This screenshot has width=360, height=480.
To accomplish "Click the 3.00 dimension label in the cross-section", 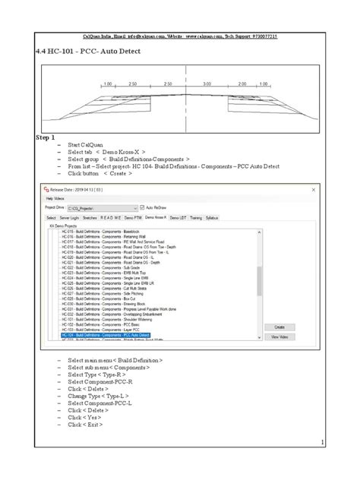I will point(207,84).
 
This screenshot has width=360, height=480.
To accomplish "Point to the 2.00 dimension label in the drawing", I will point(242,84).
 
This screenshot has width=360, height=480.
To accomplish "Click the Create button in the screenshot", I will point(279,327).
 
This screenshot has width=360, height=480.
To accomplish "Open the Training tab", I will point(195,216).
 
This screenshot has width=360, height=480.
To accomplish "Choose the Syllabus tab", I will point(213,216).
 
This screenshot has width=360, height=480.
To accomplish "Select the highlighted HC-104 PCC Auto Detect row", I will point(106,335).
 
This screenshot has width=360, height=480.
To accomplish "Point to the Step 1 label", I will point(46,138).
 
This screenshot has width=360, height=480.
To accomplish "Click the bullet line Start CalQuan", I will point(84,145).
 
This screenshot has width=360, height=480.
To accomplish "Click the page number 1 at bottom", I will point(322,443).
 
